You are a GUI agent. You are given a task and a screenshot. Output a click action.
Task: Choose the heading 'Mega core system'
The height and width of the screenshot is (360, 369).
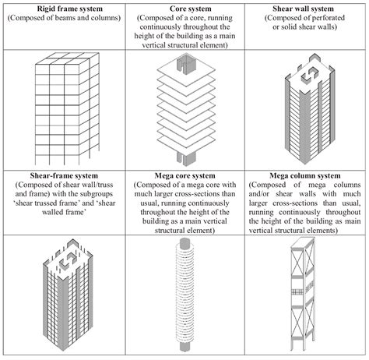[184, 175]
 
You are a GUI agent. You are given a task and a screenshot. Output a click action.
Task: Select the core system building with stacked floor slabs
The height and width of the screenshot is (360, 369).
[184, 109]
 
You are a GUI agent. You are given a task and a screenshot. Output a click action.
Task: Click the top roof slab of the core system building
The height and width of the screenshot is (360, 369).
[184, 69]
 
